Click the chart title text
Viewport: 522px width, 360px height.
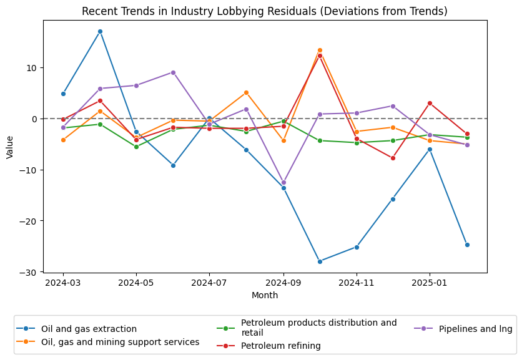265,11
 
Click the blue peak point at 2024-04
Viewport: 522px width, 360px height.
100,31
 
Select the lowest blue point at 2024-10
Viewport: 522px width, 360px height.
320,261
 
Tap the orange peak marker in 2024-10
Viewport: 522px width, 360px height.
320,50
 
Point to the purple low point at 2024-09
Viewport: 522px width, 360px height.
283,183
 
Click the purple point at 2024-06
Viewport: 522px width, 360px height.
173,72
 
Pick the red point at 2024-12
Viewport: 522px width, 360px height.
393,158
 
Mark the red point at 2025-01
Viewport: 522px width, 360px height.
430,103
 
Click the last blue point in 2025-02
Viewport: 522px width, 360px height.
466,245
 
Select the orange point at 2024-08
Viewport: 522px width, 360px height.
246,92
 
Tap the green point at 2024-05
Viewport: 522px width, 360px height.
136,147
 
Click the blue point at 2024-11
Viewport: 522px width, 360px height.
357,247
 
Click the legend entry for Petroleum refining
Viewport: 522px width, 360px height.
280,346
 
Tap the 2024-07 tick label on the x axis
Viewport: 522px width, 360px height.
209,283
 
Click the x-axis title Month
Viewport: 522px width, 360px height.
265,295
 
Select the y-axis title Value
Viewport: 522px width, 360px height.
9,146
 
